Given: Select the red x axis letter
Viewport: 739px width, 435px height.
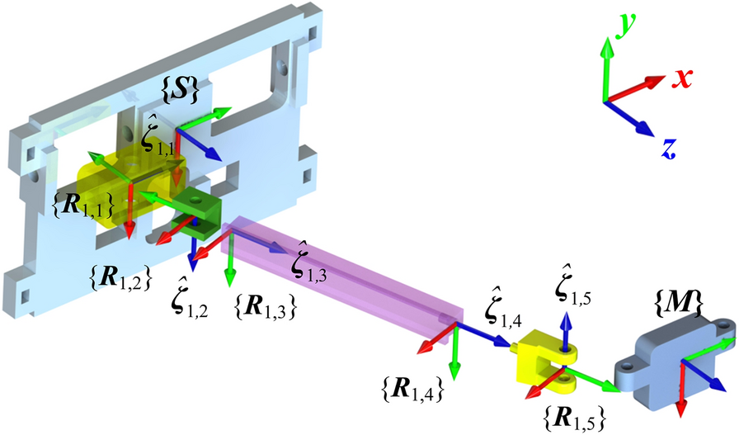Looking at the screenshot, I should point(681,79).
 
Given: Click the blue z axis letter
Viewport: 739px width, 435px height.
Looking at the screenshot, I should point(669,148).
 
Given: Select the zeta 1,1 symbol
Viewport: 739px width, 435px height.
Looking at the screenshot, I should point(157,140).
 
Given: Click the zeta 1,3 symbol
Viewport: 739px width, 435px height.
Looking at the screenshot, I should point(308,265).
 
